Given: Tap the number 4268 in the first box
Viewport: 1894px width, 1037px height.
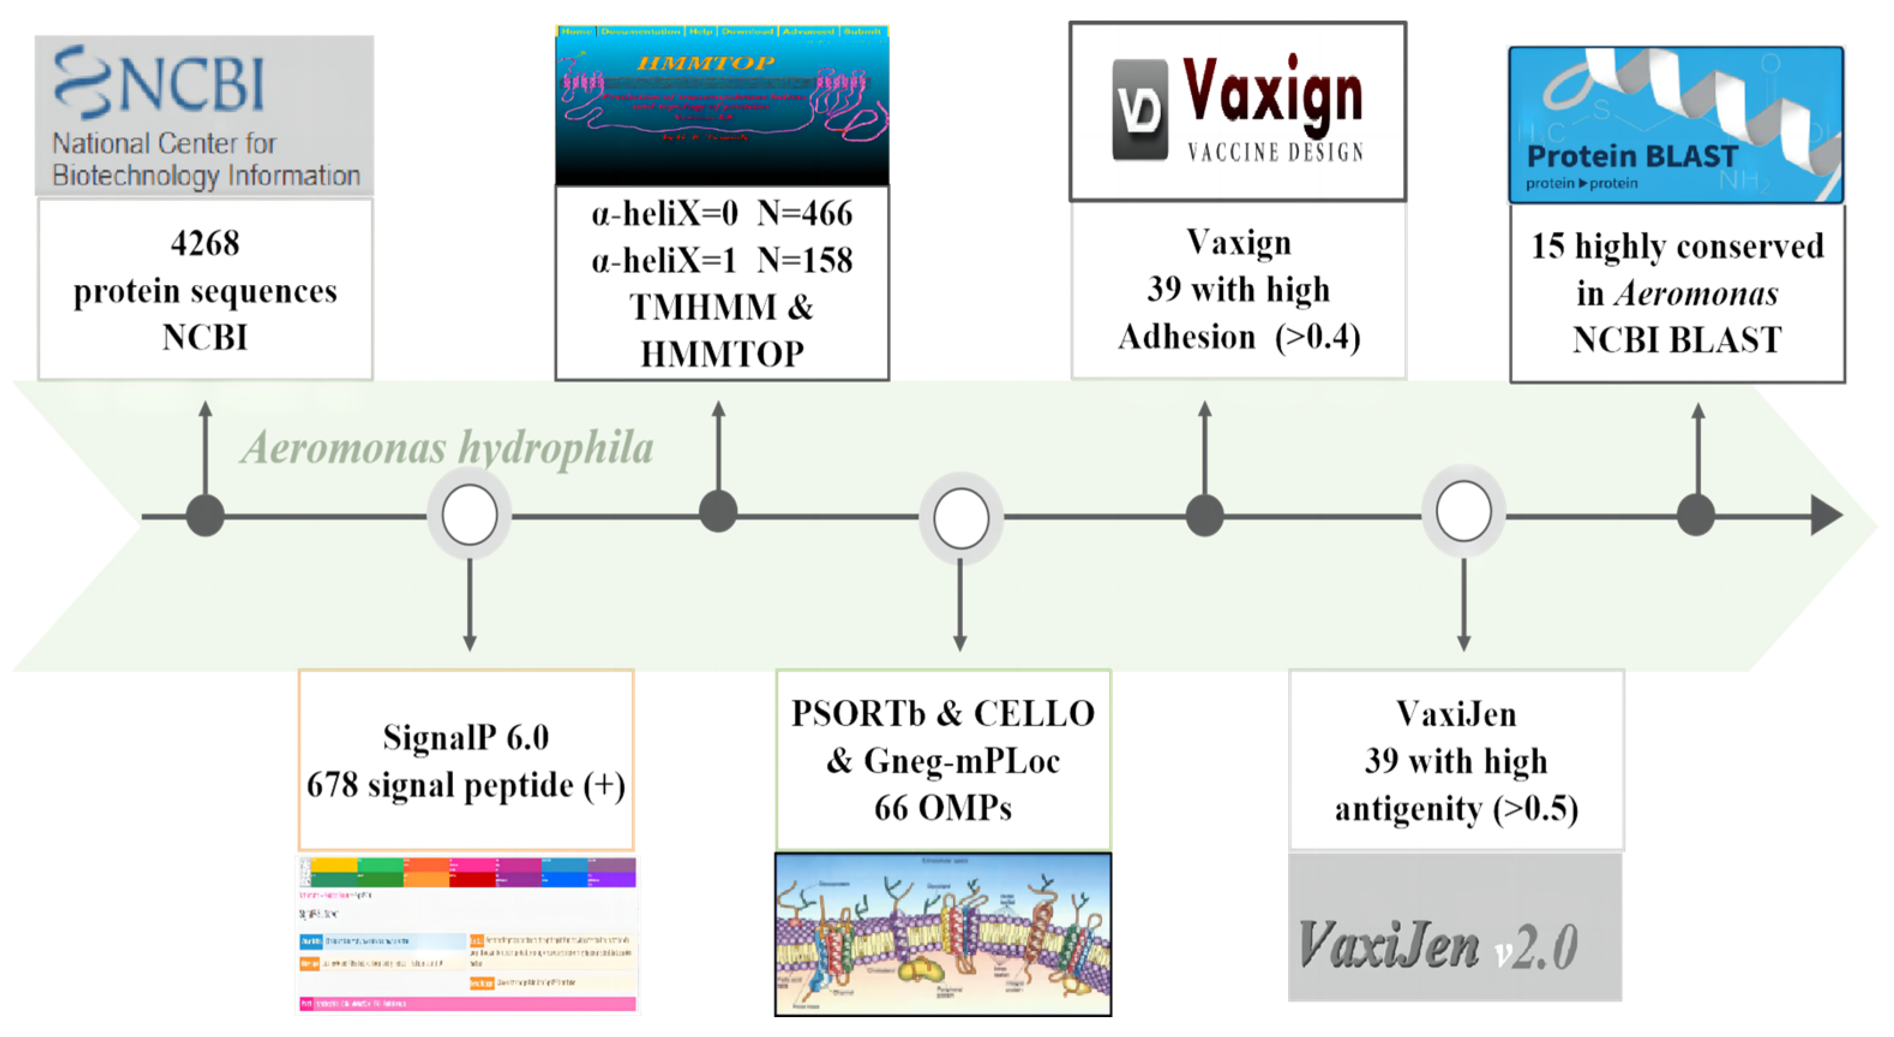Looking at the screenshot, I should pos(205,244).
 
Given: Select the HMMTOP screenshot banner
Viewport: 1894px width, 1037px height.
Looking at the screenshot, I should pos(721,105).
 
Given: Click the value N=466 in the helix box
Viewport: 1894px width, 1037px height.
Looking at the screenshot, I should pos(805,214).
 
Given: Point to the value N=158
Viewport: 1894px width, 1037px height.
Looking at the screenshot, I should pos(805,260).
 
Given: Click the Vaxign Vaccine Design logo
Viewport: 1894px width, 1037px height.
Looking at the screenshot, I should pos(1238,110).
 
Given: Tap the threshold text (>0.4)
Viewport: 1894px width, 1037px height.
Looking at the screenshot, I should pos(1317,337).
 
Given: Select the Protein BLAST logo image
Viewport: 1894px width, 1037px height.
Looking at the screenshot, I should pos(1676,125).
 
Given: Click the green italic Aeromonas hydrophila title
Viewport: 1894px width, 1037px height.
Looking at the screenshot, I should pos(447,447).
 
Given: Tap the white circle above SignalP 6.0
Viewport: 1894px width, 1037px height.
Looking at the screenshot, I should pos(469,515).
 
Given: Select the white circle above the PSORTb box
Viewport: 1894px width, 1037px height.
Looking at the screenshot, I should pos(960,518).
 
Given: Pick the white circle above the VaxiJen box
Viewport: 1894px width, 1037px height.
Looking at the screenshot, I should pos(1463,511).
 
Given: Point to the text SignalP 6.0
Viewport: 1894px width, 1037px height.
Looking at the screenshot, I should pos(466,737).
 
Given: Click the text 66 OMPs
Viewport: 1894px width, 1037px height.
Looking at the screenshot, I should pos(943,808).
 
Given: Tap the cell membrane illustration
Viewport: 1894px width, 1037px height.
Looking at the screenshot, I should pos(943,934).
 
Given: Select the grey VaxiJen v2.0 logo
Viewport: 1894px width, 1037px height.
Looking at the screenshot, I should pos(1454,928).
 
